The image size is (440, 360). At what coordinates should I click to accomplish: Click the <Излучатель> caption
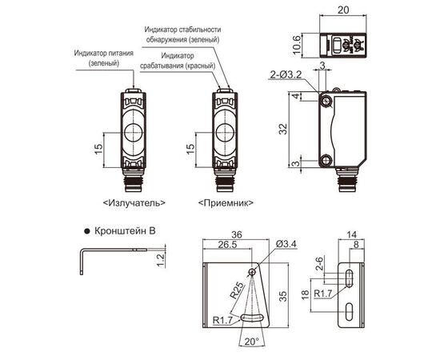tap(134, 202)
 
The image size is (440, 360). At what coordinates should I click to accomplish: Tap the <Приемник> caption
tap(226, 202)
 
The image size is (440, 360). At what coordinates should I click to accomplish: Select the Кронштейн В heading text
tap(125, 231)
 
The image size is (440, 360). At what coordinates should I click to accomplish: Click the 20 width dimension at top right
tap(343, 10)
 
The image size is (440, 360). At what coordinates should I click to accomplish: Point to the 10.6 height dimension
tap(296, 45)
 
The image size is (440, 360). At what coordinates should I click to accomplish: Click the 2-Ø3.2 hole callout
tap(286, 75)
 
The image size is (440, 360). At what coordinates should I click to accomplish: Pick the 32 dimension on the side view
tap(283, 129)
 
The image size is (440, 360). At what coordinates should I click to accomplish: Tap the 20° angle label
tap(251, 342)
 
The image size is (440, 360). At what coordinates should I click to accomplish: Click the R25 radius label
tap(237, 290)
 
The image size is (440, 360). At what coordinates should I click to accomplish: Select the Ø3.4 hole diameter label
tap(286, 244)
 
